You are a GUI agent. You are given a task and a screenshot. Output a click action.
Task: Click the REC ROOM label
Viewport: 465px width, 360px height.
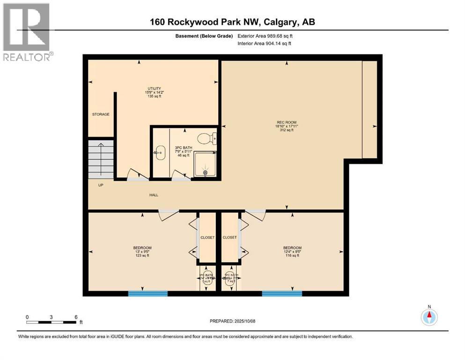click(x=286, y=122)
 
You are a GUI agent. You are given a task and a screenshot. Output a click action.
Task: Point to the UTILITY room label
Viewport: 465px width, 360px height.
click(x=154, y=89)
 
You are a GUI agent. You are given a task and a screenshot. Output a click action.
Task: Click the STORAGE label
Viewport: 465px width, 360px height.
click(x=101, y=114)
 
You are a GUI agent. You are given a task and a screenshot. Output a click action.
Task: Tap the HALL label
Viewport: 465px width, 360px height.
click(x=153, y=195)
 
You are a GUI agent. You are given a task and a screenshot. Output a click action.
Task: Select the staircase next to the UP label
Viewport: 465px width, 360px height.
click(x=101, y=158)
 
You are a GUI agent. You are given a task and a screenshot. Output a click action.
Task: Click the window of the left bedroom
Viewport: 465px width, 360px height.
click(x=148, y=294)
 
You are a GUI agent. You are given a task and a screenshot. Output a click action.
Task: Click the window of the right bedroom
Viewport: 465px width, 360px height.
click(x=282, y=294)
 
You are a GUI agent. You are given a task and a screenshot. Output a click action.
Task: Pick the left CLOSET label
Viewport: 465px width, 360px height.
click(x=207, y=238)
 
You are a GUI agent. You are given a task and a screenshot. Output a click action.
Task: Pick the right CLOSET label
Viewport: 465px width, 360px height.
click(x=229, y=238)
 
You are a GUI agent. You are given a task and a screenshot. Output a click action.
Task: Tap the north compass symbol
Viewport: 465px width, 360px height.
click(x=429, y=316)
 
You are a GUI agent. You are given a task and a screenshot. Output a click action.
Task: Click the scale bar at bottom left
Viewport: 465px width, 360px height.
click(x=52, y=322)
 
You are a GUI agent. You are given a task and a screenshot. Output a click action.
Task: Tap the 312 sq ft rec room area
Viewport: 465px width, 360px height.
click(x=286, y=130)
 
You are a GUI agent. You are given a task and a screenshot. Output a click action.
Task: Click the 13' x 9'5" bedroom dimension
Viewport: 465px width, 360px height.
click(x=142, y=252)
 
